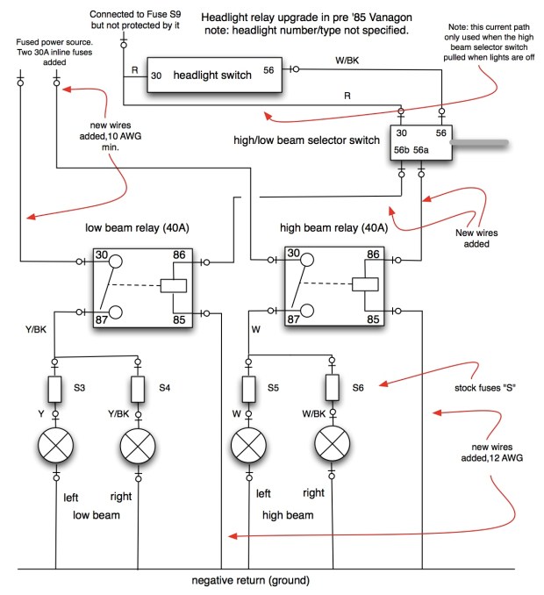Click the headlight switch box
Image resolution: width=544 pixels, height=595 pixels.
click(214, 75)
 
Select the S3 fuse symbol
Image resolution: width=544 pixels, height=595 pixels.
click(54, 387)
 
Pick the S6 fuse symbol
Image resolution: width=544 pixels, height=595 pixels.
click(333, 387)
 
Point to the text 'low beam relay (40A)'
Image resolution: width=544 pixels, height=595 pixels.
click(137, 227)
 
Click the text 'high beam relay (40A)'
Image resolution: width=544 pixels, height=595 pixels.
click(333, 227)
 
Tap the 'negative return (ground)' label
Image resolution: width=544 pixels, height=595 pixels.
click(251, 581)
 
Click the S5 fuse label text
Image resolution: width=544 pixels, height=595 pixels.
click(273, 387)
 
